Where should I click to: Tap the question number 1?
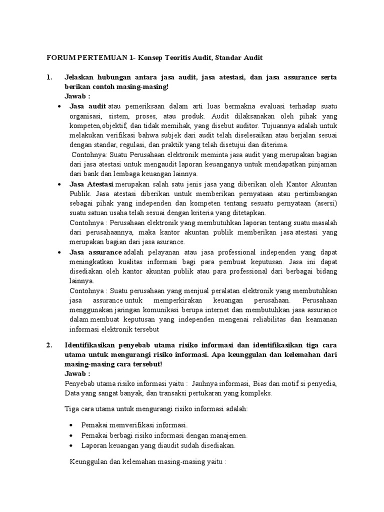coord(49,77)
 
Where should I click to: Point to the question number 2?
coord(49,344)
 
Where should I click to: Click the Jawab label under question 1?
coord(77,96)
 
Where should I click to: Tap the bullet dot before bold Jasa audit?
coord(60,107)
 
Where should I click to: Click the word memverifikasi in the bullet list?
coord(128,425)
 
